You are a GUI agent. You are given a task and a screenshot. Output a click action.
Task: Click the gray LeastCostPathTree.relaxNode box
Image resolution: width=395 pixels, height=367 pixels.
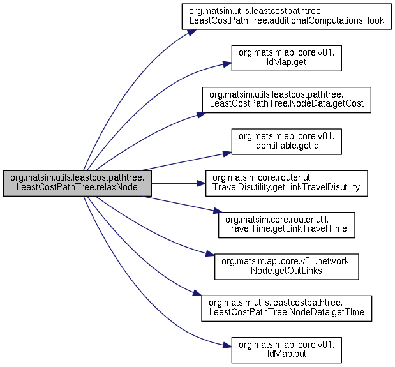[77, 183]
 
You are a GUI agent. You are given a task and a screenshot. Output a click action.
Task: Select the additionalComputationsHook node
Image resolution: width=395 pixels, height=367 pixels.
[287, 17]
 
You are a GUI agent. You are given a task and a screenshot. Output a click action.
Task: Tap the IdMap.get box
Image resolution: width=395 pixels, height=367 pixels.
[287, 58]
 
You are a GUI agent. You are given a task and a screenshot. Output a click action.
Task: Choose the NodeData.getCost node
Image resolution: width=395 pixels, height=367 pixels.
[287, 100]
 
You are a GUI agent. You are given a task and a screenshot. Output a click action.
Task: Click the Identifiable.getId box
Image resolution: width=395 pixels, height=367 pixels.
[287, 142]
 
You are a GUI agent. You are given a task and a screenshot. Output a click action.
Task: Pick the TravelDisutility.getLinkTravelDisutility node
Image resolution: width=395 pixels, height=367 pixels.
[287, 183]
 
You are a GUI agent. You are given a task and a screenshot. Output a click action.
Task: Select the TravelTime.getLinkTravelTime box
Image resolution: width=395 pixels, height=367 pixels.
[287, 225]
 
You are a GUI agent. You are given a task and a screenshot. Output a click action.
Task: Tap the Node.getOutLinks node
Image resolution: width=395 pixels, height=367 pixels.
[287, 267]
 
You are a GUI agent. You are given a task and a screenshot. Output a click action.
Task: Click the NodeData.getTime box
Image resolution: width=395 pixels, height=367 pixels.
[287, 308]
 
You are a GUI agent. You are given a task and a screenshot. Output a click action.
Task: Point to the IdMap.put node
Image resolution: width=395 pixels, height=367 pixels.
[287, 350]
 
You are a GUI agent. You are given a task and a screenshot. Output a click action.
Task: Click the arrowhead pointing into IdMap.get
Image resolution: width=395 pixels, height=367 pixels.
[227, 64]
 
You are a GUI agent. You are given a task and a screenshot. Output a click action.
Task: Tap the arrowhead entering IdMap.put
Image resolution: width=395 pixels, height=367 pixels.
[227, 345]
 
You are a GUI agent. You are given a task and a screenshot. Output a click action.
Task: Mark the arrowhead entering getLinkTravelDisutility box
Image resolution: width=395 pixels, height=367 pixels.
[201, 183]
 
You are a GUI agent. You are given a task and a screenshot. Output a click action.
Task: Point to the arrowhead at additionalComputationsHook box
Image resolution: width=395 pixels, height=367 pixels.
[191, 33]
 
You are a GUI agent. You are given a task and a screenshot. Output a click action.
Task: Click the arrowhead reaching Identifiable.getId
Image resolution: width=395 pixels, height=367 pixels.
[227, 153]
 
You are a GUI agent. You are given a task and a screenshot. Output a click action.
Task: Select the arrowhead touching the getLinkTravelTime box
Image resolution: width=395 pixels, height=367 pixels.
[218, 211]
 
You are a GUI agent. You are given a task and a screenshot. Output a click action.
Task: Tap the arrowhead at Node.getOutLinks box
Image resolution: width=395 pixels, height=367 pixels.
[210, 253]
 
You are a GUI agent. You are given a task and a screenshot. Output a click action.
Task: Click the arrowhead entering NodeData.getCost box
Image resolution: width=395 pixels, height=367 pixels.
[201, 115]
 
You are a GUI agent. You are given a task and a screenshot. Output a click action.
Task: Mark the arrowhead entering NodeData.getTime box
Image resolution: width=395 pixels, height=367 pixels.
[197, 293]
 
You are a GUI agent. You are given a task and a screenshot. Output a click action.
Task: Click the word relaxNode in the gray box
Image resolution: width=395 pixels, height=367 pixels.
[116, 187]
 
